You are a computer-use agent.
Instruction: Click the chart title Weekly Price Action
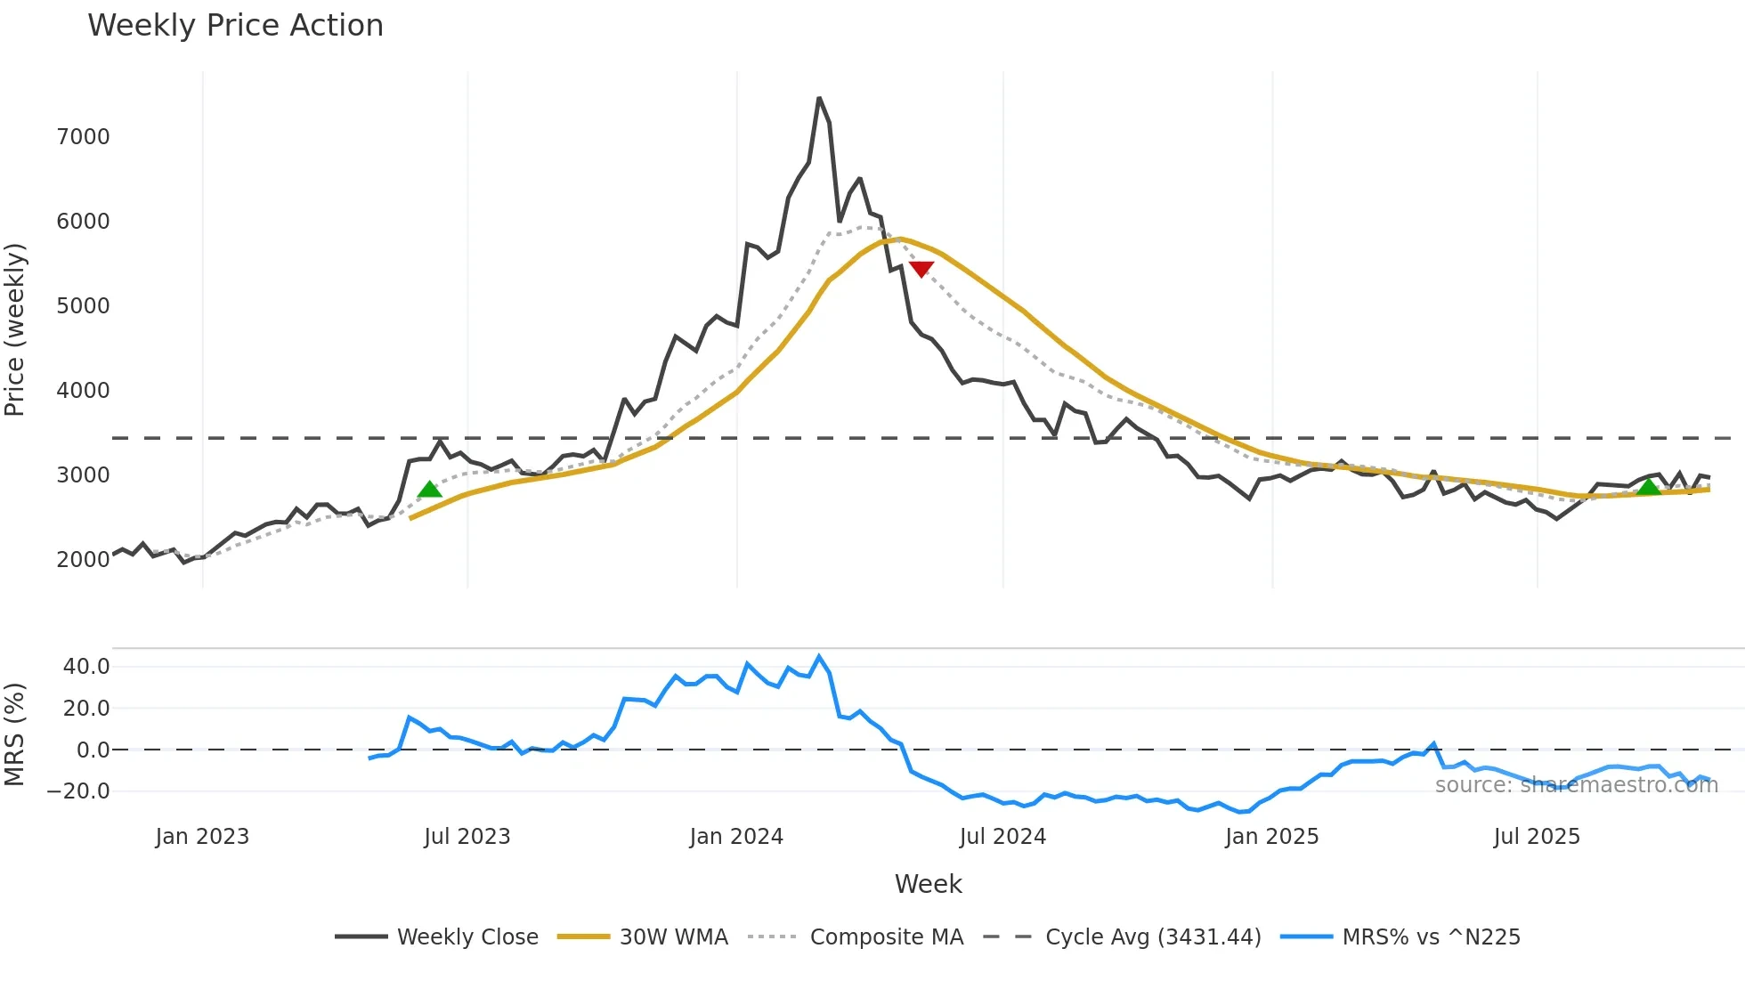click(x=235, y=26)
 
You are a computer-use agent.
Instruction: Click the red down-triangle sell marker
click(x=921, y=269)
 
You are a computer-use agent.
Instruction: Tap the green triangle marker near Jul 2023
click(x=430, y=490)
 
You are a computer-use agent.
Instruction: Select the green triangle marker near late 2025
click(x=1649, y=486)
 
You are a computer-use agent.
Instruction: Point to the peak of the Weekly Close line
click(x=819, y=99)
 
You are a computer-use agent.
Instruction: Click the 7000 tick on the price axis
click(x=83, y=137)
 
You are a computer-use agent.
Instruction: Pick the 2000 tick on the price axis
click(x=83, y=560)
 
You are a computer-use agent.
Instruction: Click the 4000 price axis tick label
click(x=83, y=391)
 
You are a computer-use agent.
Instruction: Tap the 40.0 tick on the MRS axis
click(x=86, y=667)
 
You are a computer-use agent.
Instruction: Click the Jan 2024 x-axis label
click(x=736, y=837)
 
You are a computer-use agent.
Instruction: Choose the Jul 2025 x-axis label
click(x=1537, y=837)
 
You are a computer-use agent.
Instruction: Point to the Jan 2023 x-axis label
click(x=202, y=837)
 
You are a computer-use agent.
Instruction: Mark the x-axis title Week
click(x=928, y=884)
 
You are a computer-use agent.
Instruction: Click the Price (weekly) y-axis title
click(x=15, y=329)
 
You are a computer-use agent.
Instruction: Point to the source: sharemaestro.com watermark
click(x=1576, y=785)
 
